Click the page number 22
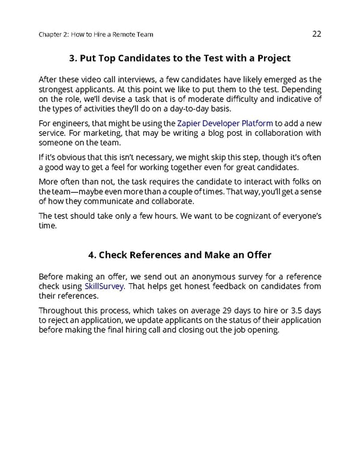[317, 34]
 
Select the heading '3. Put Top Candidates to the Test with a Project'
[180, 58]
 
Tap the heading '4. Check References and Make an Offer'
[180, 255]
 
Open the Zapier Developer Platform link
[225, 123]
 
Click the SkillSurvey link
[105, 286]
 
